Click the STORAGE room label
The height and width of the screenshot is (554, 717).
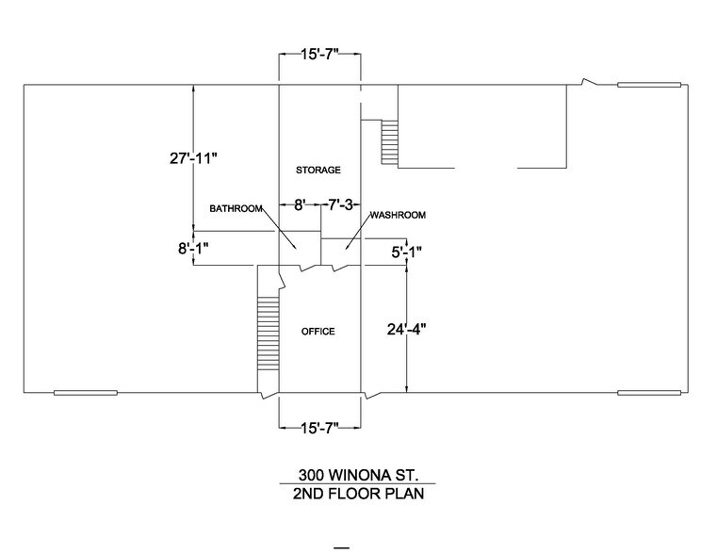point(318,170)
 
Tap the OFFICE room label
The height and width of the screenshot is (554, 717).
point(318,332)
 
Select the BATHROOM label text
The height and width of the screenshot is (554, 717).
point(236,208)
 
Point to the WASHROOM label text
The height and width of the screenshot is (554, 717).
point(398,215)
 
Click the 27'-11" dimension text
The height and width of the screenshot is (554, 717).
point(187,158)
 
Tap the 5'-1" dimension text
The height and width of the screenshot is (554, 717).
point(406,252)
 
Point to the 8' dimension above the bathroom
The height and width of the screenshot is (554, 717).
point(299,204)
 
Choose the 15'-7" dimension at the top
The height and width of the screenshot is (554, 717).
point(318,57)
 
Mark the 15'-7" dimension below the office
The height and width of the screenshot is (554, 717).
point(318,429)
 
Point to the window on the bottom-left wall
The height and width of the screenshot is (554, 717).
point(85,392)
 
